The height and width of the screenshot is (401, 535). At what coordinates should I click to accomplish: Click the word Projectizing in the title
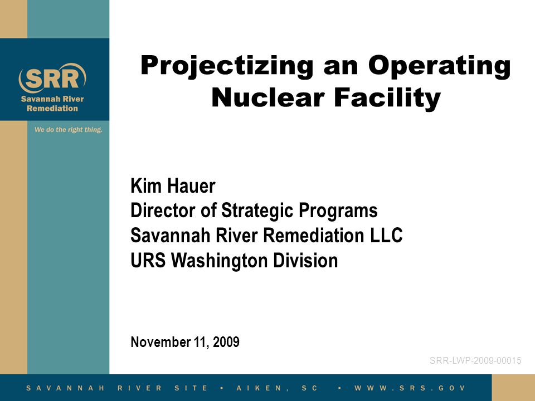[227, 66]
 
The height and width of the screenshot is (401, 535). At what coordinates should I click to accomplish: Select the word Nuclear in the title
[267, 98]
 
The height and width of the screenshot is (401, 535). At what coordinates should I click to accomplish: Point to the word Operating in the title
[440, 66]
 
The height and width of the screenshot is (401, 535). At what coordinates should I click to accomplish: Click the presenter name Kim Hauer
[173, 186]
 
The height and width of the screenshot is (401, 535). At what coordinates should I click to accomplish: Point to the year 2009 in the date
[226, 342]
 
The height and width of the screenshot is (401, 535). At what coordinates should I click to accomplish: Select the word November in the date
[160, 342]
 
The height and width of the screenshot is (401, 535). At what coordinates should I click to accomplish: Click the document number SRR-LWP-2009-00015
[475, 360]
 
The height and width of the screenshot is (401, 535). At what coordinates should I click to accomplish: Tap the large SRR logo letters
[52, 79]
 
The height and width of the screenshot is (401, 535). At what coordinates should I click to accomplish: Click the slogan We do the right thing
[68, 130]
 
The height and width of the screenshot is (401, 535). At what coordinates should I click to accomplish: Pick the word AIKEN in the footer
[259, 388]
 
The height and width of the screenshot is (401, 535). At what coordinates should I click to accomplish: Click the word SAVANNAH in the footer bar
[66, 388]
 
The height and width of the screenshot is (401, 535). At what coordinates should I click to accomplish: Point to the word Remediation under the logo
[52, 109]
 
